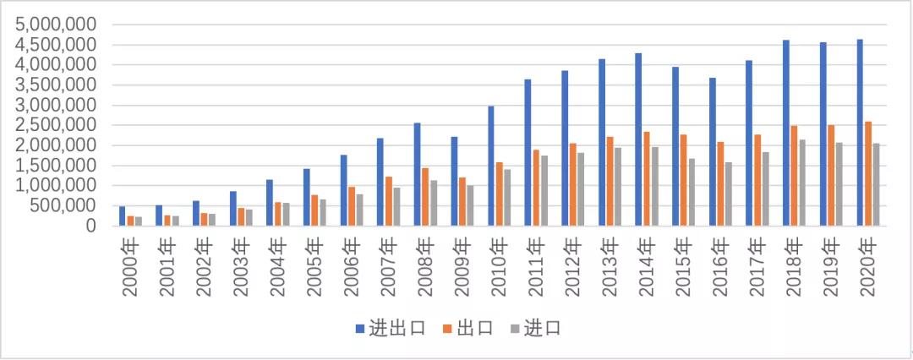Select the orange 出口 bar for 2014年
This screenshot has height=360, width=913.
click(647, 178)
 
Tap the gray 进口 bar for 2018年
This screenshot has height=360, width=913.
click(801, 183)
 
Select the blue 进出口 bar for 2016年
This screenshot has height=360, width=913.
click(713, 151)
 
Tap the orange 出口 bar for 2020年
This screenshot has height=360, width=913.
click(868, 173)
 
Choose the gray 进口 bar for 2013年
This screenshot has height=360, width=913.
click(618, 187)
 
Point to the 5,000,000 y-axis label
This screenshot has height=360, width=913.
click(57, 25)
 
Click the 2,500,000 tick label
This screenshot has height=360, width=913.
click(57, 125)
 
